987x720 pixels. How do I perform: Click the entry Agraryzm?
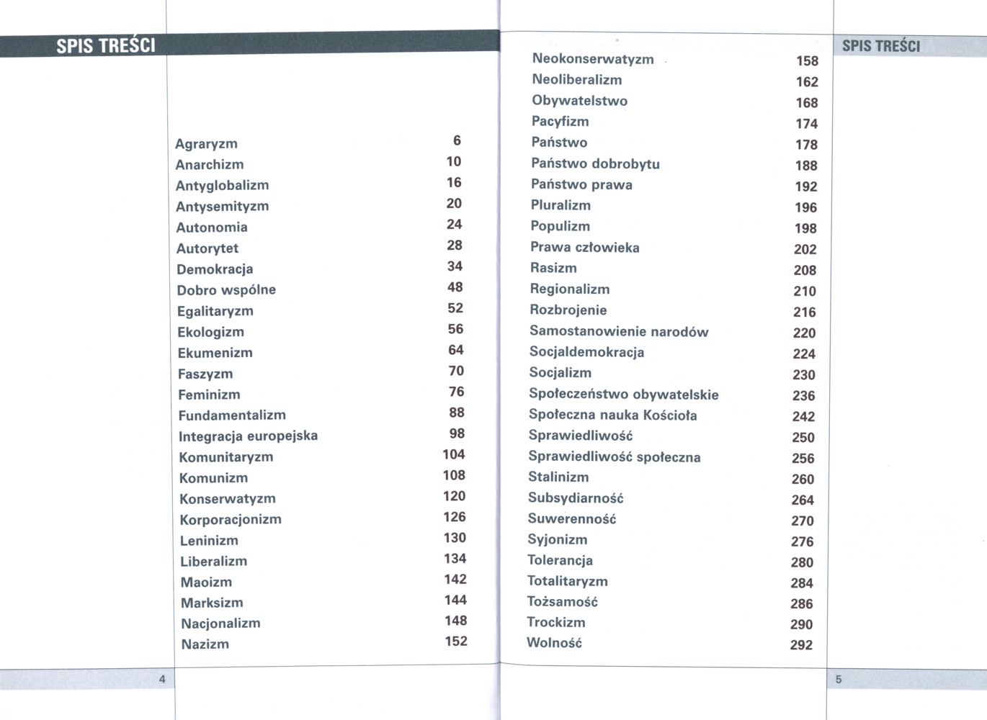[x=206, y=144]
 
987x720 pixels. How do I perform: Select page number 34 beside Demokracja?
[x=455, y=266]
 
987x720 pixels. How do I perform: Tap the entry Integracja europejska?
[x=248, y=436]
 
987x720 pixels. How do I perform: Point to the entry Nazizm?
[x=205, y=644]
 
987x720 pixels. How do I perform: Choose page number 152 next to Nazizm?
[x=456, y=642]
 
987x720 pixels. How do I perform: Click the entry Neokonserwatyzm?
[x=593, y=59]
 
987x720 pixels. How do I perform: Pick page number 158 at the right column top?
[x=807, y=61]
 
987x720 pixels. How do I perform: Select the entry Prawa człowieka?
[x=584, y=248]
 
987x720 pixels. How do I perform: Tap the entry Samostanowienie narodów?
[x=619, y=332]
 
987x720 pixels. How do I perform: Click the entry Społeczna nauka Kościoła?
[x=612, y=415]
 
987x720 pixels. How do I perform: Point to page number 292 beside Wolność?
[x=801, y=646]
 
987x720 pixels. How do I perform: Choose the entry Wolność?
[x=554, y=643]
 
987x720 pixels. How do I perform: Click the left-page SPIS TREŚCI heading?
[x=106, y=46]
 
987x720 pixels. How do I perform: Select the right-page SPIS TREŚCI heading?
[x=881, y=46]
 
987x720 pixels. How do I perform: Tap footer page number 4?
[x=162, y=679]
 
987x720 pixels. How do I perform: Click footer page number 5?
[x=839, y=679]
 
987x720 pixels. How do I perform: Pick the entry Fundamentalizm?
[x=232, y=415]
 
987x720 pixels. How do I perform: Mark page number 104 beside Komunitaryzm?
[x=454, y=454]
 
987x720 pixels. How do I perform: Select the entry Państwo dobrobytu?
[x=595, y=164]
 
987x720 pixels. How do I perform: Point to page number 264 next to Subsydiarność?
[x=803, y=500]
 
